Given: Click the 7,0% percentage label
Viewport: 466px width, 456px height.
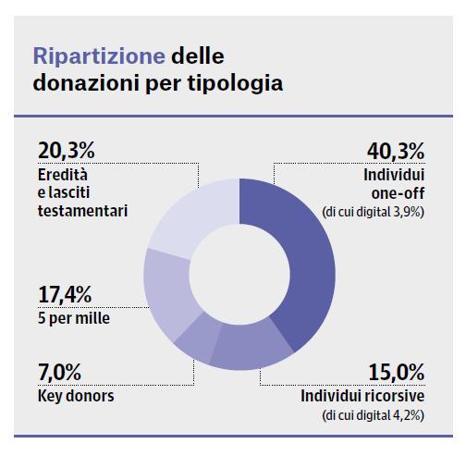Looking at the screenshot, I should click(61, 374).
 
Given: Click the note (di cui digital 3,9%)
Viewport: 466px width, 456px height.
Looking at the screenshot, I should click(373, 212).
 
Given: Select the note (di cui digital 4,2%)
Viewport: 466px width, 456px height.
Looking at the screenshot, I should click(373, 417).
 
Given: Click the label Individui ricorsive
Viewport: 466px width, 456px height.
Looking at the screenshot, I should click(362, 396).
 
